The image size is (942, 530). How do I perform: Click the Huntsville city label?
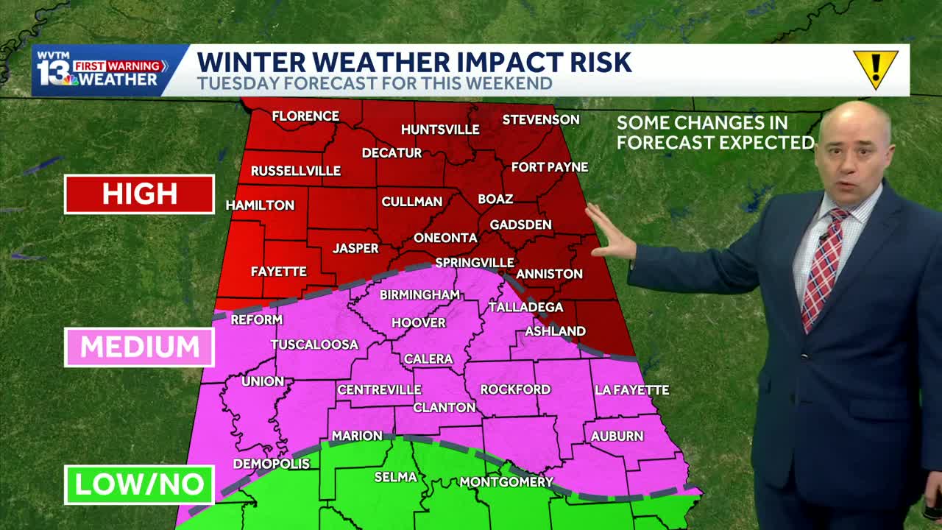coord(440,130)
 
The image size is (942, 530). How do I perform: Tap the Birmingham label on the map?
coord(419,295)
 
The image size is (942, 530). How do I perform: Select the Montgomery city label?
coord(506,482)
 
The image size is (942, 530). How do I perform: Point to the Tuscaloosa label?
coord(314,344)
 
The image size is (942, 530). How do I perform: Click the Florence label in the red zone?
coord(305,116)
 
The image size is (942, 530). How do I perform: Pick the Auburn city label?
coord(617,437)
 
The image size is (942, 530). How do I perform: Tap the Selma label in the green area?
coord(396,477)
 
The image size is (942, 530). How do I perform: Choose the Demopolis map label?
coord(271,464)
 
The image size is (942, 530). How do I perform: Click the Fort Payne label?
coord(549,167)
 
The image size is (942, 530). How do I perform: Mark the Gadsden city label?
coord(520,225)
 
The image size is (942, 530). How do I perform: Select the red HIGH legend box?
coord(139,194)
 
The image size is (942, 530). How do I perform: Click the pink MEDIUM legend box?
coord(139,347)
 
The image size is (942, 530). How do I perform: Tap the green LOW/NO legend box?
coord(139,484)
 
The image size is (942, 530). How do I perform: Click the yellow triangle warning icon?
coord(875,68)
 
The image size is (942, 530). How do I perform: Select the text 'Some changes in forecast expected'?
coord(715,132)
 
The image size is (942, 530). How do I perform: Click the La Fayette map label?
coord(631,390)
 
